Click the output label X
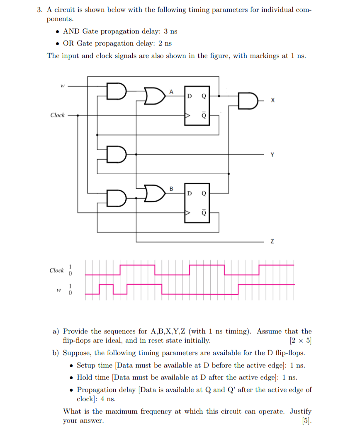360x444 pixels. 272,100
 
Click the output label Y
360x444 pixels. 272,155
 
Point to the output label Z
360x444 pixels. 272,241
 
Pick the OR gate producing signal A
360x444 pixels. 154,96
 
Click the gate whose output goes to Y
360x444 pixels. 117,154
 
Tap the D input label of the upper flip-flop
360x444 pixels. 189,96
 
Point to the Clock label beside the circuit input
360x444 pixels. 57,115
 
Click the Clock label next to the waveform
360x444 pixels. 56,271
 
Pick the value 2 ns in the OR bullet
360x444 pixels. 164,44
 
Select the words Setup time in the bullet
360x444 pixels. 95,366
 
